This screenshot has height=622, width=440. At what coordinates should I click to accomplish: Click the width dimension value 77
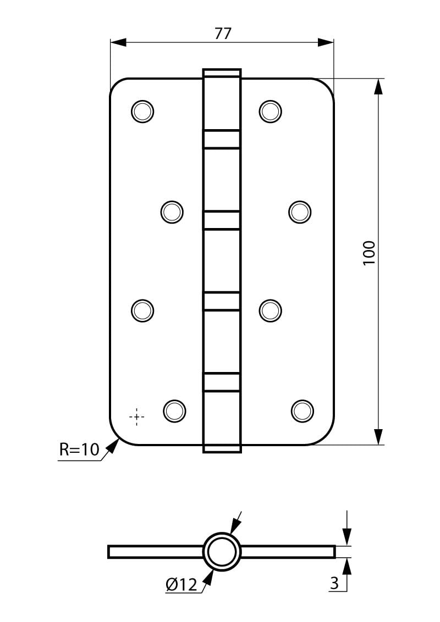(x=223, y=34)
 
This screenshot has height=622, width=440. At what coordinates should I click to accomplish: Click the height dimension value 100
(x=369, y=253)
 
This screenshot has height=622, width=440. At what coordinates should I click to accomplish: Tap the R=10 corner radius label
(x=79, y=450)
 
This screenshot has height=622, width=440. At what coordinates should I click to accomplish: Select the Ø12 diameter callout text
(x=181, y=584)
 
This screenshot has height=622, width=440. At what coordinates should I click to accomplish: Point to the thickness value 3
(x=334, y=583)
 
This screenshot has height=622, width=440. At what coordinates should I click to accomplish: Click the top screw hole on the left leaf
(x=142, y=111)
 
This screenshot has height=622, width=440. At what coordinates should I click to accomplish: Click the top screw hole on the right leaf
(x=271, y=111)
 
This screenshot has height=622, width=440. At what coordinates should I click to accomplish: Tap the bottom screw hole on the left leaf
(x=174, y=410)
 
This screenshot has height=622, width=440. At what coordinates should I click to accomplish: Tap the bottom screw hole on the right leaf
(x=302, y=411)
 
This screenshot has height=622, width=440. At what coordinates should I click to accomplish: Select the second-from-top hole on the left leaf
(x=172, y=212)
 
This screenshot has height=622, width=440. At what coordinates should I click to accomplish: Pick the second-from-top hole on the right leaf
(x=300, y=212)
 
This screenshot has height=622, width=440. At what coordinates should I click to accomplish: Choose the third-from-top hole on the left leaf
(x=142, y=310)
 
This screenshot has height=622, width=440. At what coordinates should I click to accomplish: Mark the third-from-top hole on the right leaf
(x=271, y=310)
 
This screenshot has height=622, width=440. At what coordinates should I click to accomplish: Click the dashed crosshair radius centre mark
(x=136, y=416)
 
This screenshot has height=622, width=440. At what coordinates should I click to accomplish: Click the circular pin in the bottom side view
(x=222, y=552)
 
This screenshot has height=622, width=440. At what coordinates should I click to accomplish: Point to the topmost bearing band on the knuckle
(x=222, y=139)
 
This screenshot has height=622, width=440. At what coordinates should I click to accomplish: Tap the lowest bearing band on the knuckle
(x=222, y=382)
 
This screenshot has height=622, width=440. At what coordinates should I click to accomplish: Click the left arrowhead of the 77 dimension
(x=118, y=43)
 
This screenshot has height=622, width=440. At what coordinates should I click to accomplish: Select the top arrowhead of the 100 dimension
(x=380, y=86)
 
